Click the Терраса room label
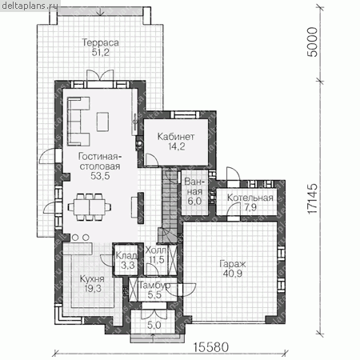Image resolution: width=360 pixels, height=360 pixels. point(100,42)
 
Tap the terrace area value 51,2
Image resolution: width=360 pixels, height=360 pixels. point(101,53)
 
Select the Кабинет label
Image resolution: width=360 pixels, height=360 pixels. point(176,137)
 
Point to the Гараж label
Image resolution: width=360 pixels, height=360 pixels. point(233,264)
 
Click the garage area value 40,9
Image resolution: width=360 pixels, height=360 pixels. point(233,274)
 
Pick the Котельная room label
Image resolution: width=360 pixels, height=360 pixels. point(250,198)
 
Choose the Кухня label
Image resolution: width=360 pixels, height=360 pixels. point(92,279)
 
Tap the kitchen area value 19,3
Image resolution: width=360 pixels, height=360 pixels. point(93,289)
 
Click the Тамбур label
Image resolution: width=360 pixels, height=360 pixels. point(154,286)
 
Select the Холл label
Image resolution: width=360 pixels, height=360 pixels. point(156,250)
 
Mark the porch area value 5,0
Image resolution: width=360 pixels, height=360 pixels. point(154,325)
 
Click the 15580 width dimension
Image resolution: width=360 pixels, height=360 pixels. point(211,347)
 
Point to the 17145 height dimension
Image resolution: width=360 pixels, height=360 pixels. point(313,198)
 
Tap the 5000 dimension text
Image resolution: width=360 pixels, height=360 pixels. point(313,42)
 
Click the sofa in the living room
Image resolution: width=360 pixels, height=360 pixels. point(78,122)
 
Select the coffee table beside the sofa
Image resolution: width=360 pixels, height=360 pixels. point(102,122)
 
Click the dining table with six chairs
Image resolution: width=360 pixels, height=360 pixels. point(90,207)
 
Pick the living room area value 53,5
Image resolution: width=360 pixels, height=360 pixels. point(100,176)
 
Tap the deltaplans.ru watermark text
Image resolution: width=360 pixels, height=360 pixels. point(30,6)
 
